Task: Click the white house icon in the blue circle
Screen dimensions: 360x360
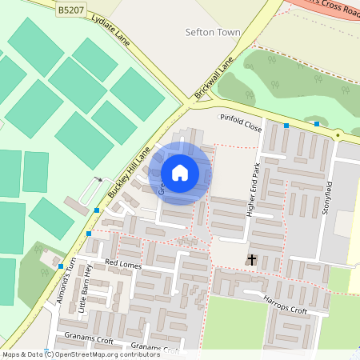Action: pyautogui.click(x=180, y=172)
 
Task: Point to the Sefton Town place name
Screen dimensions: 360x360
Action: pyautogui.click(x=212, y=33)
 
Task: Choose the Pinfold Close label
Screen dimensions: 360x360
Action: pyautogui.click(x=241, y=122)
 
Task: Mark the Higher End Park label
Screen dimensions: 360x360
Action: pyautogui.click(x=255, y=190)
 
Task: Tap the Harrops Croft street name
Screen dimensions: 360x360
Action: pyautogui.click(x=286, y=305)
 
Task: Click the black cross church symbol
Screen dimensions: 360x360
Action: pyautogui.click(x=252, y=259)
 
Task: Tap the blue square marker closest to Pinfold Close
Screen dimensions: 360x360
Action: pyautogui.click(x=286, y=126)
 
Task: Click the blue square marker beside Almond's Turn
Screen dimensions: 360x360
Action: pyautogui.click(x=61, y=266)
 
